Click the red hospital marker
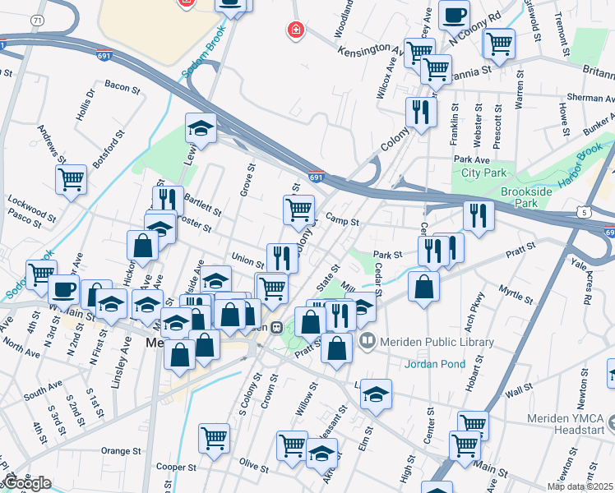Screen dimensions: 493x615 coord(295,31)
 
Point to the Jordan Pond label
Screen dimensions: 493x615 coord(434,363)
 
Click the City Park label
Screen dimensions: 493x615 coord(482,173)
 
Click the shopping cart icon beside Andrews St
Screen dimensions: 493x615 coord(72,178)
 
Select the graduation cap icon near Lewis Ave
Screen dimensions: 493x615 coord(201,127)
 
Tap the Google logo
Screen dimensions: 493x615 coord(26,483)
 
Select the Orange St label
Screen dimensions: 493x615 coord(122,451)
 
